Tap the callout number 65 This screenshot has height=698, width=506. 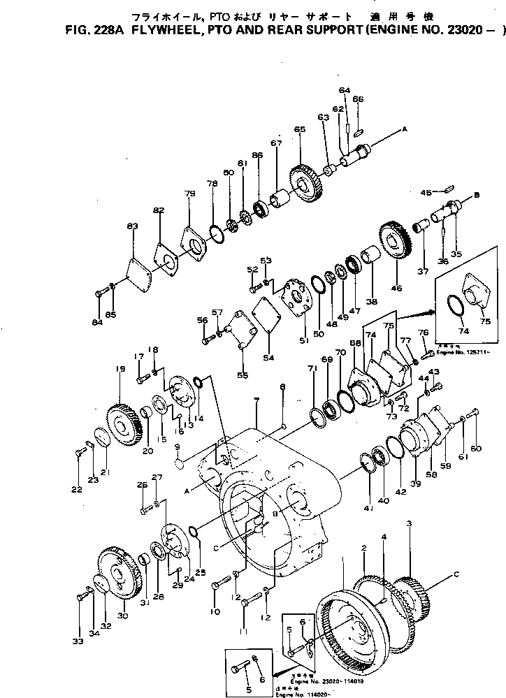pyautogui.click(x=299, y=130)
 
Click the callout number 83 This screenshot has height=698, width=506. pyautogui.click(x=132, y=226)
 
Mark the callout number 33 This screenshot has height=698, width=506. pyautogui.click(x=77, y=640)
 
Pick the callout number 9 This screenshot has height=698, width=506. pyautogui.click(x=177, y=446)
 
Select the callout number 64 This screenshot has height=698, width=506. pyautogui.click(x=344, y=90)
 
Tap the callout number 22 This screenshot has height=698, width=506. pyautogui.click(x=76, y=489)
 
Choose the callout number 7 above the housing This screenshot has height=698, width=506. pyautogui.click(x=256, y=400)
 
